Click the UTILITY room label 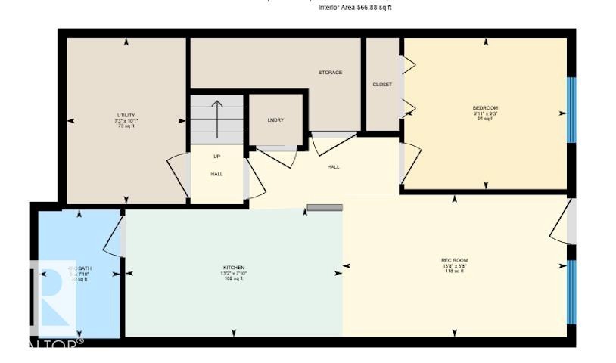(126, 115)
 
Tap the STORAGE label (330, 73)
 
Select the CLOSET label (382, 85)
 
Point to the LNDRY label (275, 121)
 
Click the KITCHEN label (233, 268)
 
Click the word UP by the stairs (216, 157)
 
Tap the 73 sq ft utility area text (126, 126)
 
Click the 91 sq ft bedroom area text (485, 119)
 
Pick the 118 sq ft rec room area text (455, 271)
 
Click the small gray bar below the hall (325, 207)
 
